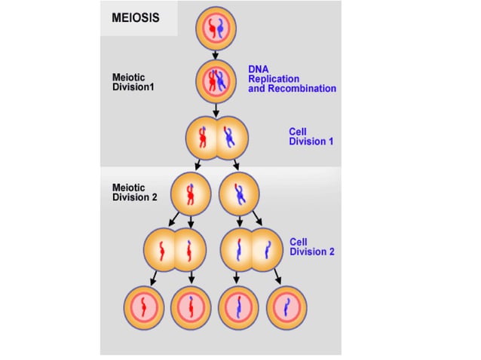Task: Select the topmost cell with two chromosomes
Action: (x=216, y=29)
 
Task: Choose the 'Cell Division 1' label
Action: (x=311, y=136)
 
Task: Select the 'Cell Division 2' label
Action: (x=312, y=247)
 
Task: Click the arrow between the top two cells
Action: (x=216, y=55)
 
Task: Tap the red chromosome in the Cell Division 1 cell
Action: (x=201, y=137)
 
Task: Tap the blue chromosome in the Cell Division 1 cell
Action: (x=230, y=137)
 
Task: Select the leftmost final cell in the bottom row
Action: (x=143, y=309)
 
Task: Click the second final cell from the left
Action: (x=191, y=309)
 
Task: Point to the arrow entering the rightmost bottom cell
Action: (x=278, y=277)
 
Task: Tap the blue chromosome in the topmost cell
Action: (x=222, y=30)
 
